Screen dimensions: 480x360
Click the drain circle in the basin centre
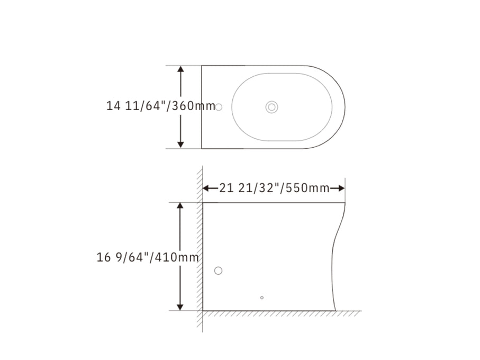point(271,107)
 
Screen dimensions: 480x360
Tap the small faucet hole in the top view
point(219,107)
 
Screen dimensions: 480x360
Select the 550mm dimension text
point(307,188)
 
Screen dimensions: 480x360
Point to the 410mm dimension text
point(177,257)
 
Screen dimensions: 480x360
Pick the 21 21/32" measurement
point(250,188)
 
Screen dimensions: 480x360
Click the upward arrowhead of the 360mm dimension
point(180,69)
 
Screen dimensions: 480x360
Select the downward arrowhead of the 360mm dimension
point(180,145)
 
